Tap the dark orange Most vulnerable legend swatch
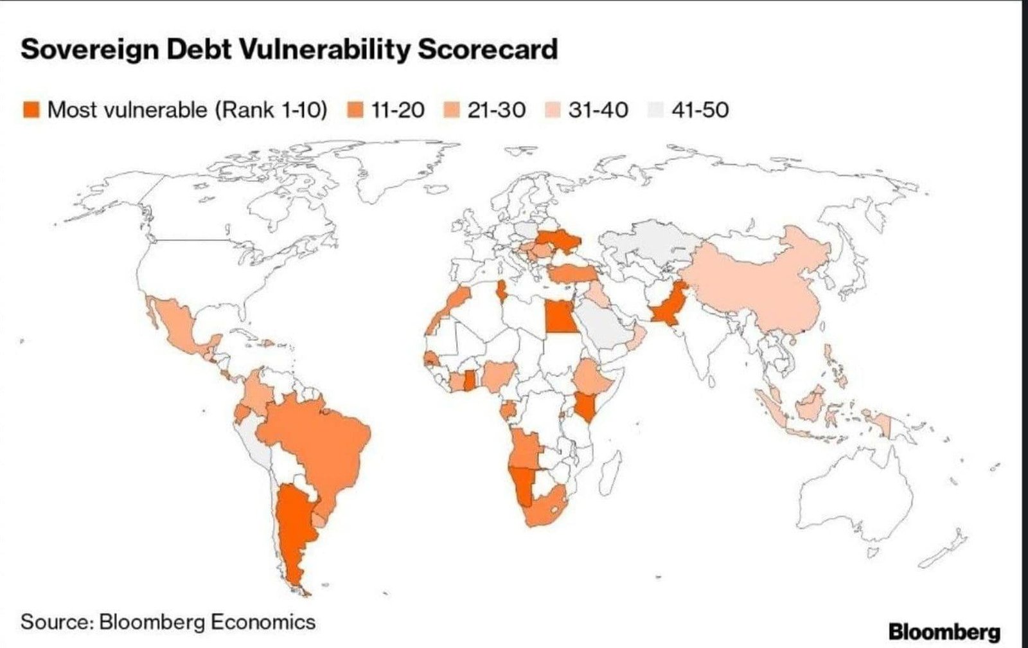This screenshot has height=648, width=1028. tap(31, 110)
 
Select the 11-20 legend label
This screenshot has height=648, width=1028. tap(398, 110)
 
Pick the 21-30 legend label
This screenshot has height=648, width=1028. tap(496, 110)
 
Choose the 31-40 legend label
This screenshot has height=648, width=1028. tap(598, 110)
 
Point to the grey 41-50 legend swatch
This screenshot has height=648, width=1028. tap(656, 110)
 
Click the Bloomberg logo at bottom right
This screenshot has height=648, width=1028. tap(944, 631)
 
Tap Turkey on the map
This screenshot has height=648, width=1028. tap(572, 274)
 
